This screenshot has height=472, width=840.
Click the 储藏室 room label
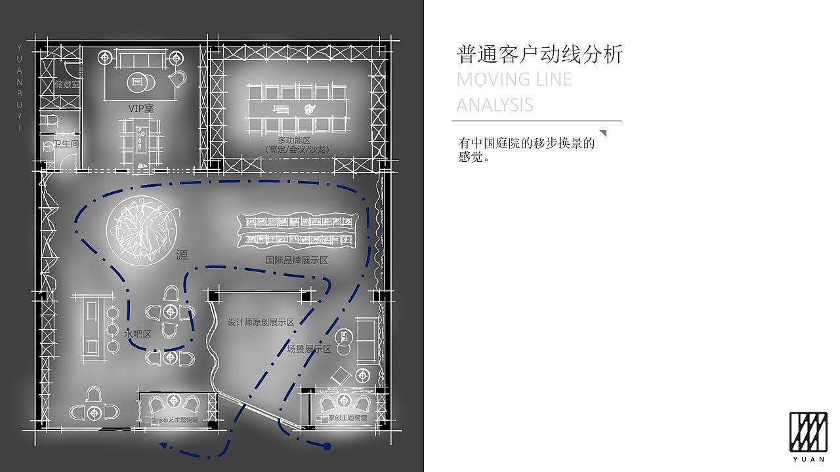click(x=67, y=85)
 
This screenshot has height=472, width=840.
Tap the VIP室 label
click(x=141, y=108)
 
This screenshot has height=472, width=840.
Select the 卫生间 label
click(x=66, y=144)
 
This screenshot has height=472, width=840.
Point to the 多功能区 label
click(x=293, y=140)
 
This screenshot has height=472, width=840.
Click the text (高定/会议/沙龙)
click(x=297, y=149)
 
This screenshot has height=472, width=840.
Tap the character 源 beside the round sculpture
click(x=182, y=255)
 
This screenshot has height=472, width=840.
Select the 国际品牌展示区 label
click(x=297, y=260)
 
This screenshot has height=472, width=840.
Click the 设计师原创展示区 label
click(x=261, y=322)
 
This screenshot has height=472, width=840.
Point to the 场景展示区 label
click(x=309, y=349)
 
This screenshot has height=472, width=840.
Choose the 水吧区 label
click(x=138, y=334)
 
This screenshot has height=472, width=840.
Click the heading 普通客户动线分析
click(x=539, y=54)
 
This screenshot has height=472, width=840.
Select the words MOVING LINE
click(x=514, y=80)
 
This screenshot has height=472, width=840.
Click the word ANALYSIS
click(x=495, y=105)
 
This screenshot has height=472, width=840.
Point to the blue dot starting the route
click(x=327, y=446)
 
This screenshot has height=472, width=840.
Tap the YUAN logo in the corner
click(x=808, y=436)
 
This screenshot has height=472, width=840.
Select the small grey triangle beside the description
click(x=603, y=134)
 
